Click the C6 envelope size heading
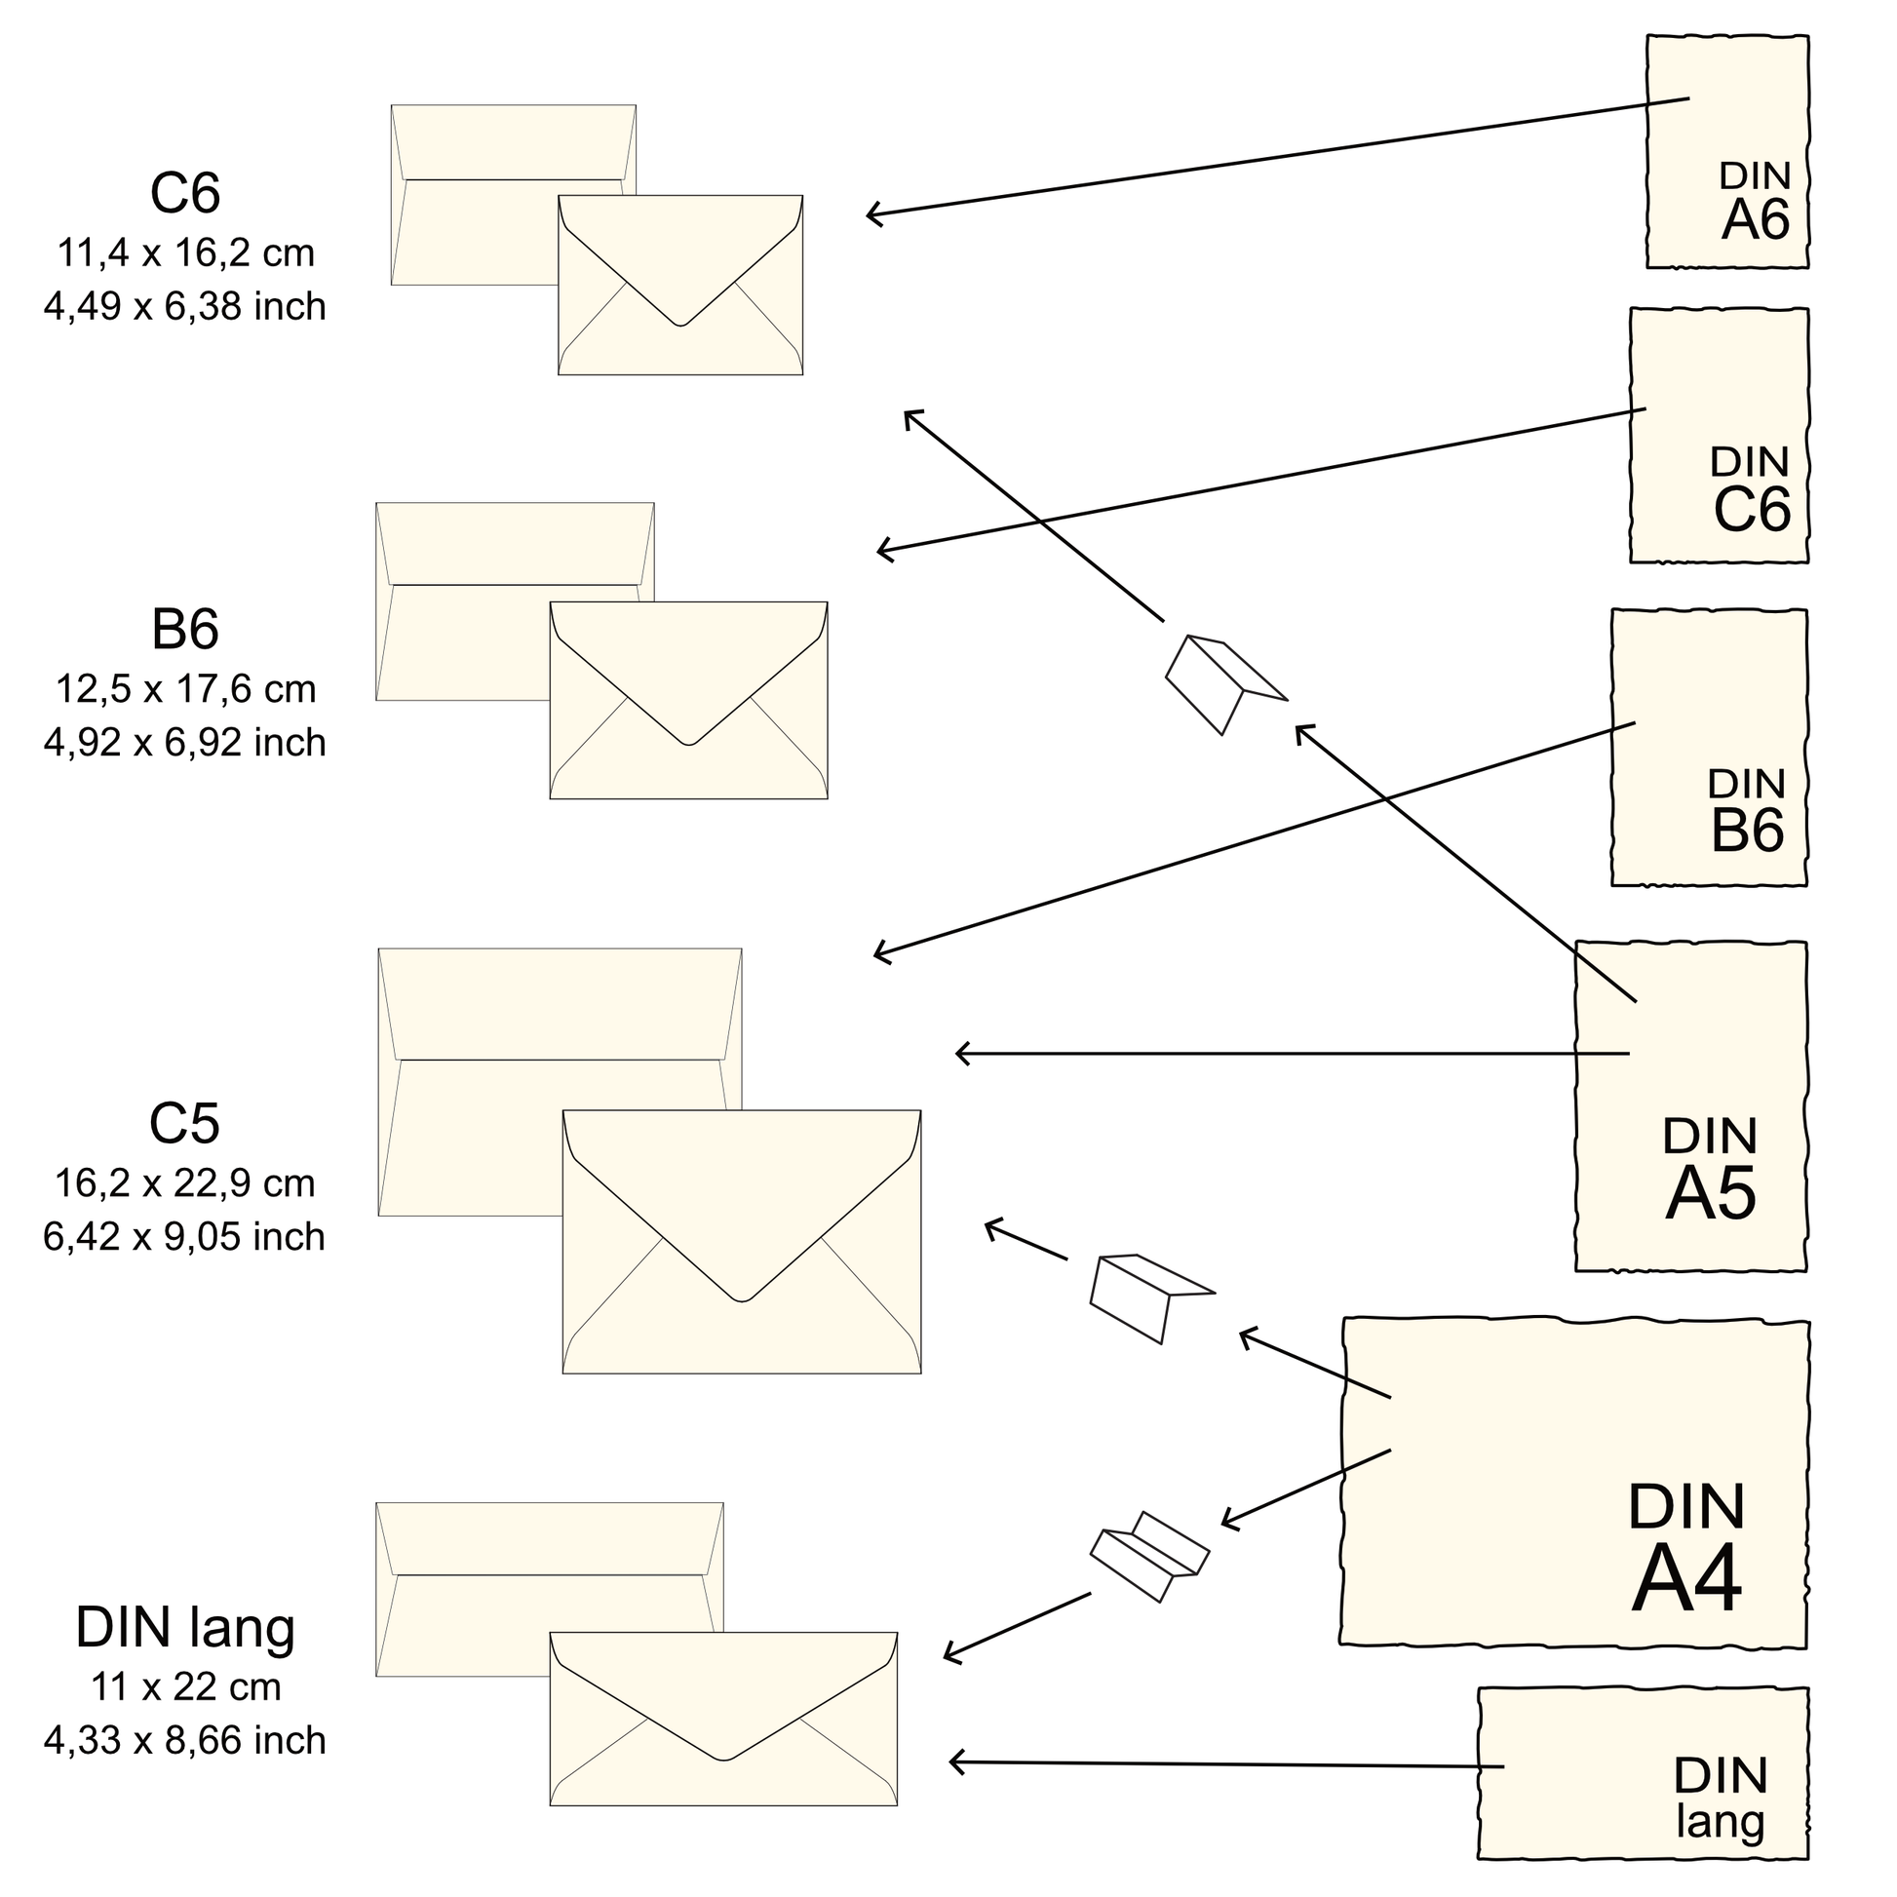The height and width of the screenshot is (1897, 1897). click(184, 193)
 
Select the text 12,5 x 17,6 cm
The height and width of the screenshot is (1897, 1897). click(184, 689)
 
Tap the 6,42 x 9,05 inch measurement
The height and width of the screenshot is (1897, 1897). click(184, 1236)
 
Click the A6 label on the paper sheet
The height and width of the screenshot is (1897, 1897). click(1756, 221)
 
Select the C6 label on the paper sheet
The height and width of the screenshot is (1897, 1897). click(1752, 510)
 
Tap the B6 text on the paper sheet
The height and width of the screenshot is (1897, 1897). click(1747, 831)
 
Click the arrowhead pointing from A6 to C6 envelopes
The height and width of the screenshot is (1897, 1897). click(870, 214)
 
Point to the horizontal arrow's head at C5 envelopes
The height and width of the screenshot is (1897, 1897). click(959, 1054)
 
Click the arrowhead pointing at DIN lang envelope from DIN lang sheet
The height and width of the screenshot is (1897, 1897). click(953, 1762)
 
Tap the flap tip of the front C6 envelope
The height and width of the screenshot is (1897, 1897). click(680, 324)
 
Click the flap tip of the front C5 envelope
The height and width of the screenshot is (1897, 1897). click(742, 1301)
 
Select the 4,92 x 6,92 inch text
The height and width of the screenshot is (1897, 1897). click(184, 743)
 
